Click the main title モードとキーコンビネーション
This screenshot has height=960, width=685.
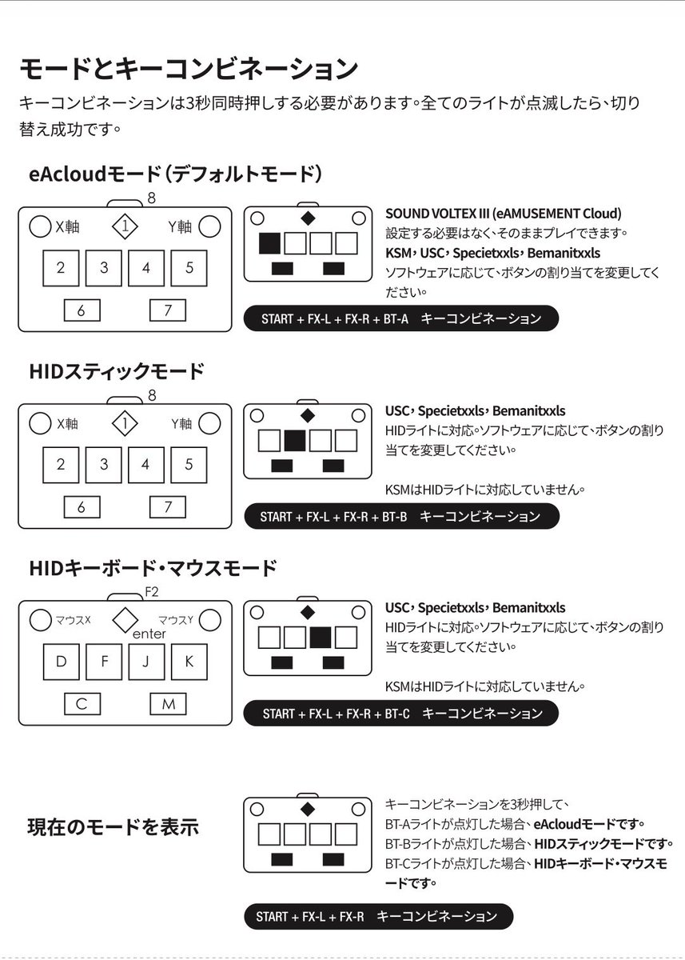point(188,68)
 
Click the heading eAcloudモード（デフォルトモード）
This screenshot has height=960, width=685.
point(176,174)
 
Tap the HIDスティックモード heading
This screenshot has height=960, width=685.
point(117,371)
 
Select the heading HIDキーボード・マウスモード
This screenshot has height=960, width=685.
point(153,569)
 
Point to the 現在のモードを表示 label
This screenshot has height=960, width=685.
point(114,827)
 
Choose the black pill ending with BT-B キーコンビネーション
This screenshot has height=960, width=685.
point(400,516)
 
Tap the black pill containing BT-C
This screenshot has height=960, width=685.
point(402,713)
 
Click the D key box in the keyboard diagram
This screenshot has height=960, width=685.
point(62,662)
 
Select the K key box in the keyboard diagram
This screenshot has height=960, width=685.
point(189,662)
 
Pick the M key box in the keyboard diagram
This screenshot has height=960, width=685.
point(168,704)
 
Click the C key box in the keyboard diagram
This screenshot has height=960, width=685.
point(82,704)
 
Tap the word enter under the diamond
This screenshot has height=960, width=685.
point(149,634)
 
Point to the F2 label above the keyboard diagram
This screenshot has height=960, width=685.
point(152,593)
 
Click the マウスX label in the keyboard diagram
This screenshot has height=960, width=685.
point(72,620)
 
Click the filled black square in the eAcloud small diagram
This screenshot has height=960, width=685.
point(269,243)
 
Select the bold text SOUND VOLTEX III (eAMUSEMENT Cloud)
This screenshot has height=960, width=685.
point(503,214)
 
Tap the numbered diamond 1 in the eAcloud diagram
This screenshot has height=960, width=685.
point(125,226)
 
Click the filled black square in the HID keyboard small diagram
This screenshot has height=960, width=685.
point(321,638)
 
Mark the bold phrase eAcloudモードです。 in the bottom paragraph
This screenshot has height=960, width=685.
point(590,823)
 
